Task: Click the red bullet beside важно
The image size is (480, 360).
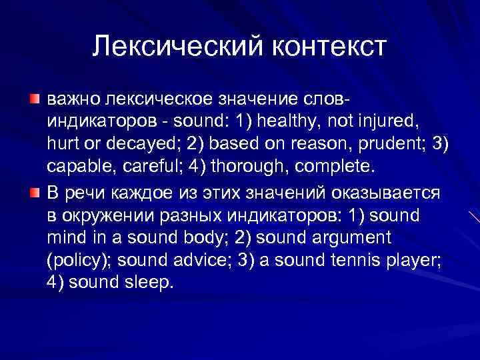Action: pyautogui.click(x=33, y=99)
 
